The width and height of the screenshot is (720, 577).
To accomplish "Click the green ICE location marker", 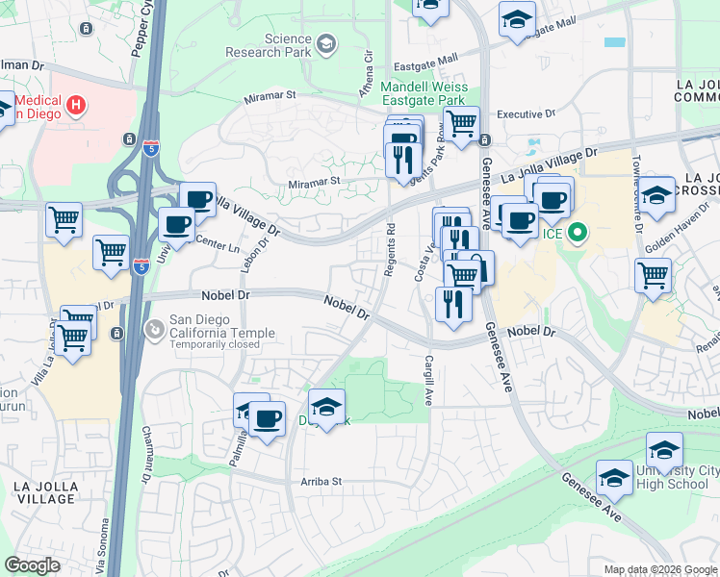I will click(578, 232).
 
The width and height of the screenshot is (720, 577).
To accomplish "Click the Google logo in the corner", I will click(32, 565).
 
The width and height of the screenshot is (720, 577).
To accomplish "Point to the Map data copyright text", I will click(660, 569).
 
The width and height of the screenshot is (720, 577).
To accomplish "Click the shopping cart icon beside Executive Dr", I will click(462, 123).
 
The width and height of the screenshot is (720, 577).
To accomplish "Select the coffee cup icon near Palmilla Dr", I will click(267, 419).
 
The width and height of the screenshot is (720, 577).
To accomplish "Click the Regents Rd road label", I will click(391, 251).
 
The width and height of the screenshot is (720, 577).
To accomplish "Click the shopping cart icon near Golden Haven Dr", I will click(654, 275).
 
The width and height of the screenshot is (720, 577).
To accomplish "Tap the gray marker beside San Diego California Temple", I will click(153, 330).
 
